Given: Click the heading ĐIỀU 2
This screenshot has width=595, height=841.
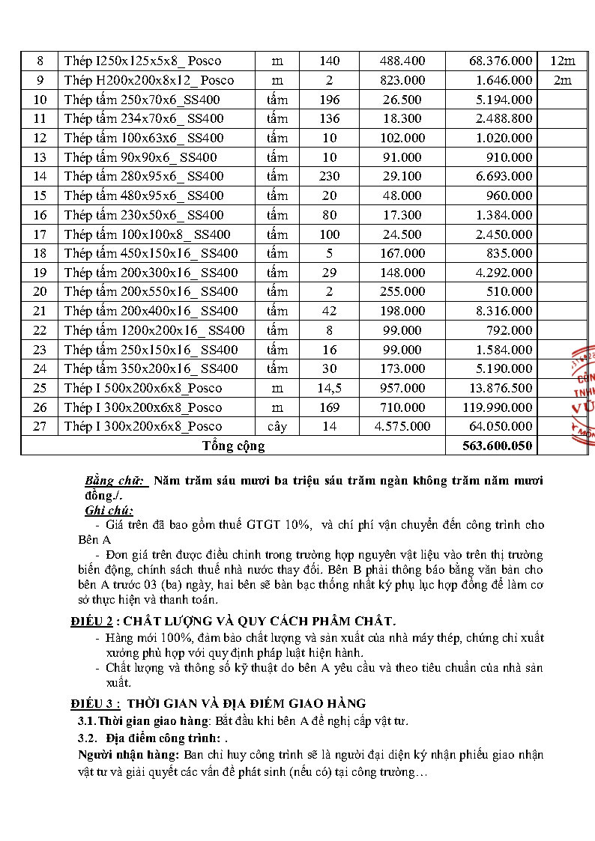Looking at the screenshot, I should point(92,621).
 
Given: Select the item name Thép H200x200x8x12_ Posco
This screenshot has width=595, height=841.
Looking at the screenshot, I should point(149,80).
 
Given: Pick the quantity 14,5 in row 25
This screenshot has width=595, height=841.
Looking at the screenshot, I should point(329,388).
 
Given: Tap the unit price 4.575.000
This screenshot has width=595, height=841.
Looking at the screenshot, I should point(402,426).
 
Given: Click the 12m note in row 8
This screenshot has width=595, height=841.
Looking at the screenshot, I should point(562,61).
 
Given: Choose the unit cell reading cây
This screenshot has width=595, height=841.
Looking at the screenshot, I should point(277,426).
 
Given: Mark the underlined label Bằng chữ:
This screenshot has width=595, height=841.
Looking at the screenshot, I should point(116,480).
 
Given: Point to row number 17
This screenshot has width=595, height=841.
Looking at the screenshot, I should point(40,234).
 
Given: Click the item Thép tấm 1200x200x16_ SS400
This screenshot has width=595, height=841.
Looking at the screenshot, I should point(154,330).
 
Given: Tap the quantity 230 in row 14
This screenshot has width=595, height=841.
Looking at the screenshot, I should point(329,176).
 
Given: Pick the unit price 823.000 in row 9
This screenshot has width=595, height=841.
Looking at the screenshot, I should point(402,80).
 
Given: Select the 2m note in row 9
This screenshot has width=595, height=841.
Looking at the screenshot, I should point(562,80).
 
